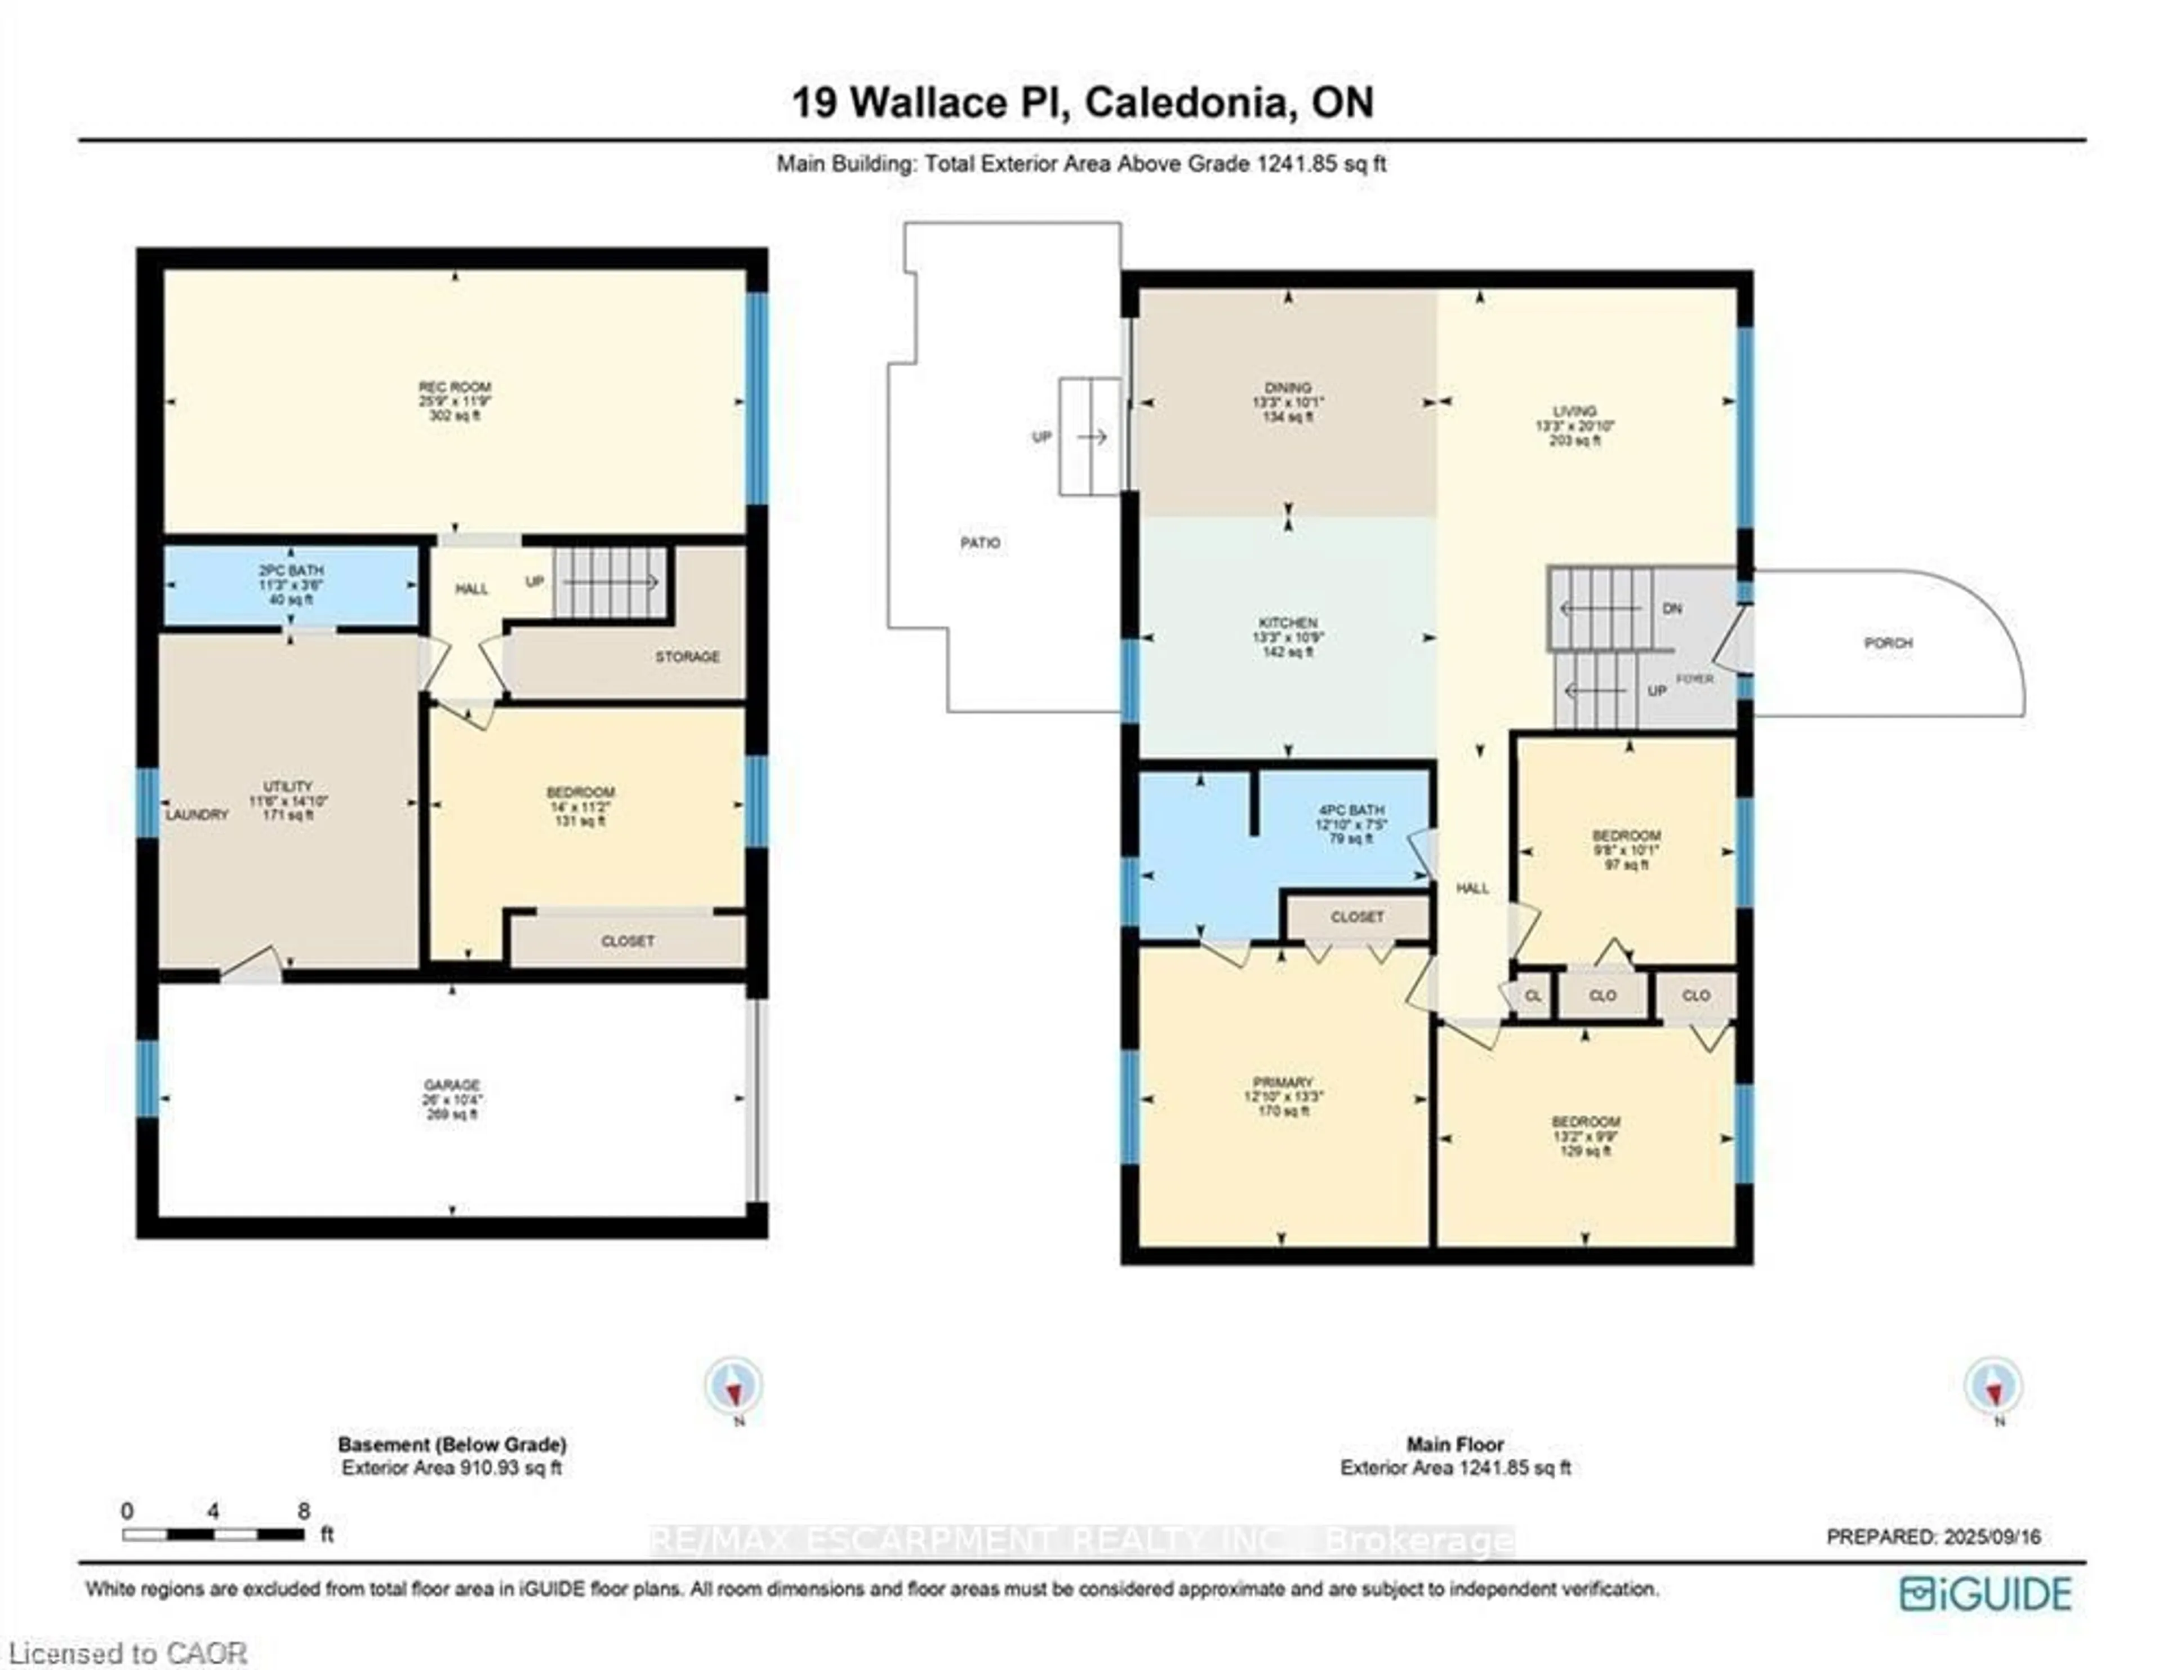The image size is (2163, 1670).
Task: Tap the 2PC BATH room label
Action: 291,571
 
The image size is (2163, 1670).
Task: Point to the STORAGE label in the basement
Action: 686,657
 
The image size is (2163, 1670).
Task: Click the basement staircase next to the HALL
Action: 608,583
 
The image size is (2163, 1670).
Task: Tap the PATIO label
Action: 980,543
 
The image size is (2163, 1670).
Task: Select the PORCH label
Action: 1888,643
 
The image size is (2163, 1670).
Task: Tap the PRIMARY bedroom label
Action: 1283,1083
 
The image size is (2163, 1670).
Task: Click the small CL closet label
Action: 1532,996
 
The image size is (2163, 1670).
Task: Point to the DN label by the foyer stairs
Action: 1672,609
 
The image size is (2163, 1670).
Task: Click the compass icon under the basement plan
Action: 734,1387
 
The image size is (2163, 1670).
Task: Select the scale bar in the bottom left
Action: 213,1534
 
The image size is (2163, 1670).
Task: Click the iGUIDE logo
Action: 1986,1594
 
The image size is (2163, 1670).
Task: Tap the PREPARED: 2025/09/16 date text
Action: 1933,1537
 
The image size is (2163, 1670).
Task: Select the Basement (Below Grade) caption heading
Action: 452,1444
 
